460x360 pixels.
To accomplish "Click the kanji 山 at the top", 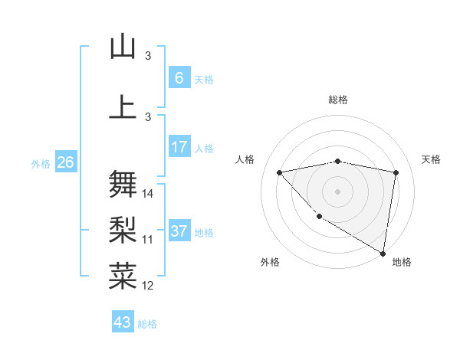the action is tap(123, 47).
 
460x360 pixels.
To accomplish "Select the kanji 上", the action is tap(123, 107).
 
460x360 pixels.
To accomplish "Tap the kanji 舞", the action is tap(123, 185).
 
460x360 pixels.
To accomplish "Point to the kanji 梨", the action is tap(123, 230).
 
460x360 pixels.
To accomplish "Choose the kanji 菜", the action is tap(123, 276).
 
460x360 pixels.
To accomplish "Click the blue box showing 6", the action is tap(179, 78).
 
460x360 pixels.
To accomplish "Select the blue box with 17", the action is tap(179, 147).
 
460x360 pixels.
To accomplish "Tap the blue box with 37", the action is tap(179, 231).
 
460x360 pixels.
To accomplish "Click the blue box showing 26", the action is tap(65, 162).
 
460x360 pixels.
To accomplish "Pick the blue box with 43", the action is tap(123, 322).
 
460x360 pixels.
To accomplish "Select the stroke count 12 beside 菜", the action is tap(148, 286).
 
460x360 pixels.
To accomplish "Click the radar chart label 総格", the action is tap(338, 100).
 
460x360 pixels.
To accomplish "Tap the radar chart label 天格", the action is tap(432, 159).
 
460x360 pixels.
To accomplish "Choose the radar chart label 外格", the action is tap(270, 262).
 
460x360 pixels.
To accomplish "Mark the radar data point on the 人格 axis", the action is tap(279, 172).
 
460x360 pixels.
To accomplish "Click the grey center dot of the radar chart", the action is tap(338, 191).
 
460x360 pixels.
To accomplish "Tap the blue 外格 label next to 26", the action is tap(40, 163).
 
